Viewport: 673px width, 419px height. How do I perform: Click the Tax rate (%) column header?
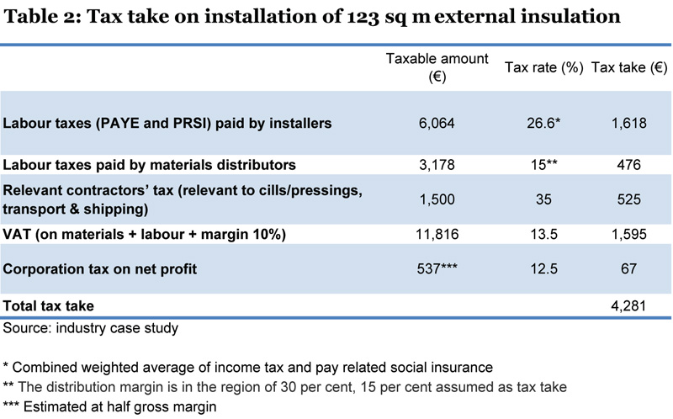[543, 68]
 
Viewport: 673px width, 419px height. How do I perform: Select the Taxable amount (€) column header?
[426, 67]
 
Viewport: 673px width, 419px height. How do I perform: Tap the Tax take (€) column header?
[630, 68]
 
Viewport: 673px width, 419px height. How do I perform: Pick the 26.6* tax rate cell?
[543, 123]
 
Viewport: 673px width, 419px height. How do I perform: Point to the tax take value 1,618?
[630, 123]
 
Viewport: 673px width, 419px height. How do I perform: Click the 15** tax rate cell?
[543, 166]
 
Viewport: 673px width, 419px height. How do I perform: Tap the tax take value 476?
[630, 166]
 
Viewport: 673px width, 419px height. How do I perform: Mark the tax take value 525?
[630, 200]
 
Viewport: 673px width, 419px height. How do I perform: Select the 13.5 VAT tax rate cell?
[543, 235]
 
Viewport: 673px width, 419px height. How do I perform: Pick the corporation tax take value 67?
[630, 269]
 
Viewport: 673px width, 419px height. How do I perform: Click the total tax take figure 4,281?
[630, 305]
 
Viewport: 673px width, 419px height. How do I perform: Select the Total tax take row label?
[49, 305]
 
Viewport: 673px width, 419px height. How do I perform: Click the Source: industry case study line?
[84, 326]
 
